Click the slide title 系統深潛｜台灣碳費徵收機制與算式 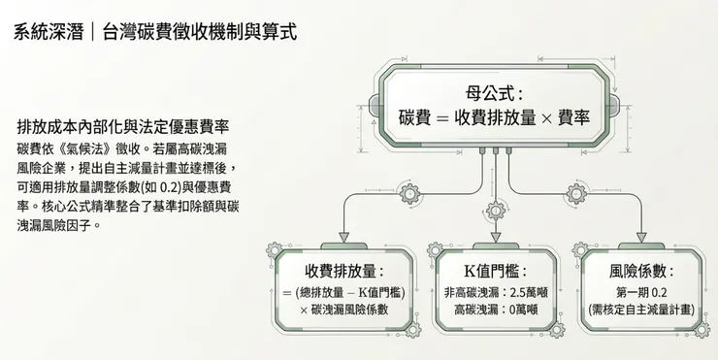[155, 31]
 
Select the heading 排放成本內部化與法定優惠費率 [123, 127]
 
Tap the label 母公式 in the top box [494, 94]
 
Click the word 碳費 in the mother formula [414, 118]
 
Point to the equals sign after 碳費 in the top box [441, 118]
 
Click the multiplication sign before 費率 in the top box [546, 118]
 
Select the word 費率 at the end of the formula [571, 118]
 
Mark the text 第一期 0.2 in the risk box [641, 292]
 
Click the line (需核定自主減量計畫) [641, 309]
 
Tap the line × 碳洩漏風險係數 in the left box [343, 309]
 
